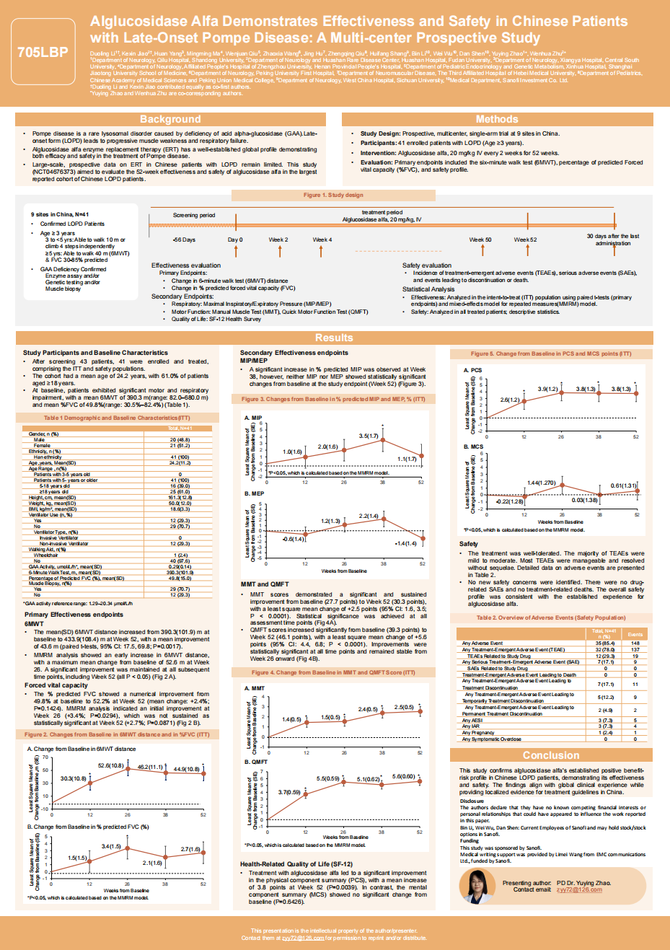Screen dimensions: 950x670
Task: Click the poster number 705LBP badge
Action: pos(43,52)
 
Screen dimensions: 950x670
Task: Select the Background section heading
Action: pos(170,119)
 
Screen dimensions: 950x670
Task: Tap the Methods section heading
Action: pos(496,119)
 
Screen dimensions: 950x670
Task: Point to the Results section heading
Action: pos(334,338)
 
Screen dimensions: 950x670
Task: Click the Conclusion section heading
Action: pos(550,755)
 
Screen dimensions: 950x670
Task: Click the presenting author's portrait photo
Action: pos(477,886)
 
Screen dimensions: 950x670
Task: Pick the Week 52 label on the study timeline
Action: pos(525,239)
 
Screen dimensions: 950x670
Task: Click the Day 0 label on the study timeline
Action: pos(235,239)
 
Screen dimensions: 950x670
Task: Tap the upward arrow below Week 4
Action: pos(322,250)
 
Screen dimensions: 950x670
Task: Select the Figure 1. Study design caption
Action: pos(333,195)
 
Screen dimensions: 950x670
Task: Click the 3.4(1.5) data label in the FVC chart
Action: pos(111,846)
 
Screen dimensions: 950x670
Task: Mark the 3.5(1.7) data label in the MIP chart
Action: pos(369,436)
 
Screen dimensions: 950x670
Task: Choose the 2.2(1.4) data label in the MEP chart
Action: pos(369,516)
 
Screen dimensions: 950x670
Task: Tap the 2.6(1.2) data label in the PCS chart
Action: pos(510,399)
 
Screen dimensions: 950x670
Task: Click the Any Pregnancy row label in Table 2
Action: pos(477,733)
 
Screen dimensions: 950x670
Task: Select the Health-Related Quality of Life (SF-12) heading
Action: pos(296,863)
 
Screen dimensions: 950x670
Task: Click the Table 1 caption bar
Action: pos(117,418)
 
